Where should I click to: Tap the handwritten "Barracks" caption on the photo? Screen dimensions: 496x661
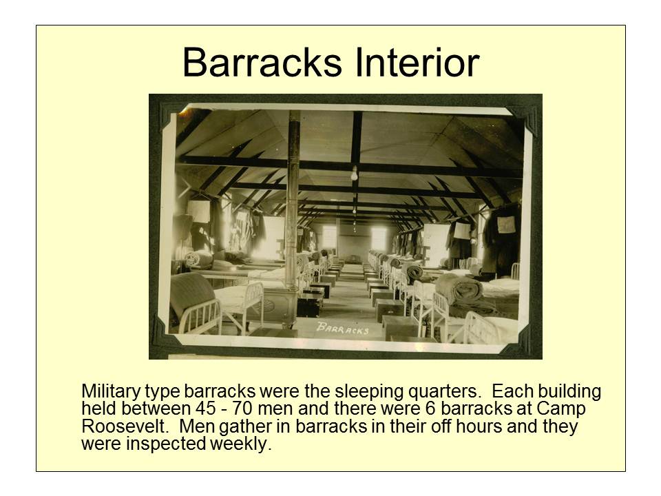point(342,328)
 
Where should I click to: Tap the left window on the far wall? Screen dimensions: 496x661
point(329,238)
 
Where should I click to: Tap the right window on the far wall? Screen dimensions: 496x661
point(378,238)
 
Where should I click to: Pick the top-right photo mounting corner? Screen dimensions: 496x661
point(527,110)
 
